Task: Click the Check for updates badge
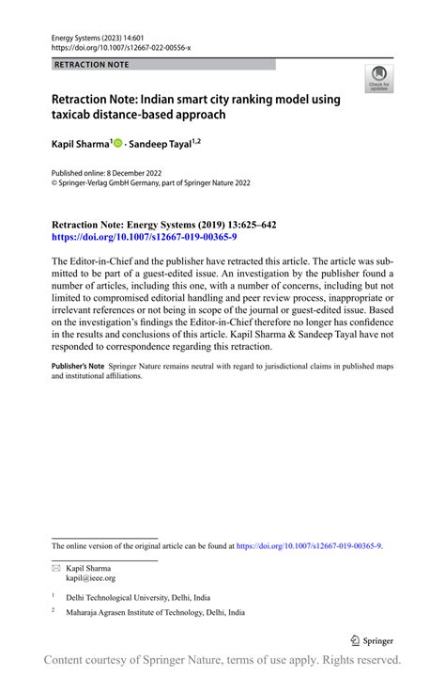coord(379,78)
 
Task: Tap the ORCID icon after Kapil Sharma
coord(118,143)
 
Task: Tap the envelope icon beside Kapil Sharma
coord(55,568)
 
